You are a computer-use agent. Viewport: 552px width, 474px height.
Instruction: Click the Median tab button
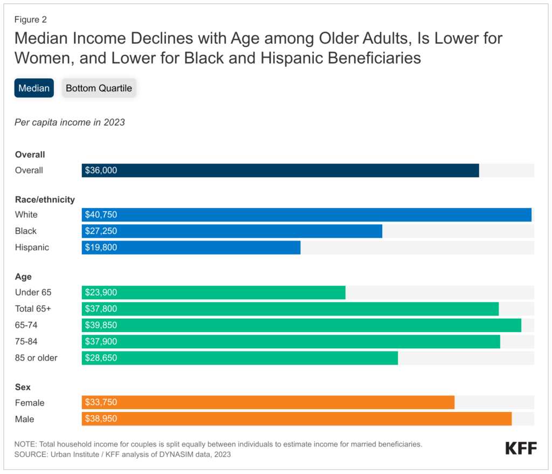point(34,88)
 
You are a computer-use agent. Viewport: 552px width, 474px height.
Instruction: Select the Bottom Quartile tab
point(99,88)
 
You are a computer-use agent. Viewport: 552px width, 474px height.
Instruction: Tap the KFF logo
point(521,448)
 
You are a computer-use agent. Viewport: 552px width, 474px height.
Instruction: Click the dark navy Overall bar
point(280,170)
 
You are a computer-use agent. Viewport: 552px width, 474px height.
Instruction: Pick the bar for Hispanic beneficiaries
point(191,248)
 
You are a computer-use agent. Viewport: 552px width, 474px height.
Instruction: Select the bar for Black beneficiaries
point(232,231)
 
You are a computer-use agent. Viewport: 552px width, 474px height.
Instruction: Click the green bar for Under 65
point(213,293)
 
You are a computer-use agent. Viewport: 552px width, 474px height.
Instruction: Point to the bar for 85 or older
point(240,358)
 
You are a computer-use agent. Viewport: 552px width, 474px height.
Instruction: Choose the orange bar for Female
point(268,402)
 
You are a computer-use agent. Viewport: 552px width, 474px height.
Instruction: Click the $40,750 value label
point(101,215)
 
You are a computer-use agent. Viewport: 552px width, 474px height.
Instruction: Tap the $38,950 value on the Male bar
point(101,419)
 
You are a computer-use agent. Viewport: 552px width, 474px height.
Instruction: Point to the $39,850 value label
point(101,325)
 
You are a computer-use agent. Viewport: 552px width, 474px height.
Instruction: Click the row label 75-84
point(26,341)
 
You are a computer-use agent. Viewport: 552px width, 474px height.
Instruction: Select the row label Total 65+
point(33,309)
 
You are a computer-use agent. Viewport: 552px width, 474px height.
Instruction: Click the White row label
point(26,215)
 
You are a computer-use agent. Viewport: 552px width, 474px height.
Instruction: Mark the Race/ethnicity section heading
point(45,200)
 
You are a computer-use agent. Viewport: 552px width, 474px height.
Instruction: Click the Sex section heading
point(23,387)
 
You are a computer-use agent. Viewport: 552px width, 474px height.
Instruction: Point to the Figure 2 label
point(31,19)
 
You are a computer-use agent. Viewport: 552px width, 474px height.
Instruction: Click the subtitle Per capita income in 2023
point(70,122)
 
